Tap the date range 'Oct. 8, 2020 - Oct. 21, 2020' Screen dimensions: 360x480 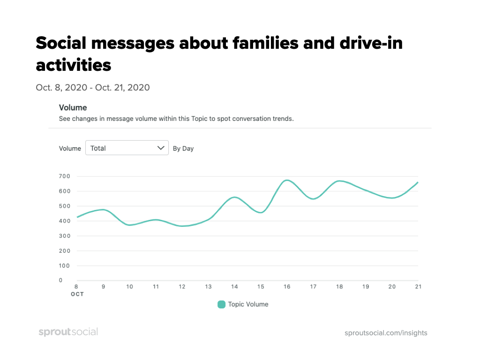point(93,87)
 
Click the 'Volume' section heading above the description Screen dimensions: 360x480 point(73,108)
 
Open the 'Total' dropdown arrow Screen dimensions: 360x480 point(161,148)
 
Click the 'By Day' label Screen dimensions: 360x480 point(183,149)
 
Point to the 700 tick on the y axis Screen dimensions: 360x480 point(64,176)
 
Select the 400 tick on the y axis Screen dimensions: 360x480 point(64,221)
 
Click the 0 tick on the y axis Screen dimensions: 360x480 point(61,280)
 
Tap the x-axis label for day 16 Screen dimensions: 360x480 point(286,286)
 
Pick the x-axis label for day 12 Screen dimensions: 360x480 point(182,286)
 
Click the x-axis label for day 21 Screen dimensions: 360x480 point(418,286)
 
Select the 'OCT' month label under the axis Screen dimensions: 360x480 point(78,294)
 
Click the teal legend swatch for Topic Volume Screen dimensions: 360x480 point(222,304)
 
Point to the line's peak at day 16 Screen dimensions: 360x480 point(287,180)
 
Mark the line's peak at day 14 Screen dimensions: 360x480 point(235,197)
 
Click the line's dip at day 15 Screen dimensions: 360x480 point(261,212)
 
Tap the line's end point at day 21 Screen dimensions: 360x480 point(418,182)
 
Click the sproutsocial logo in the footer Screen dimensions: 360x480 point(68,332)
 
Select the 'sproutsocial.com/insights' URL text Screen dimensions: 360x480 point(386,333)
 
